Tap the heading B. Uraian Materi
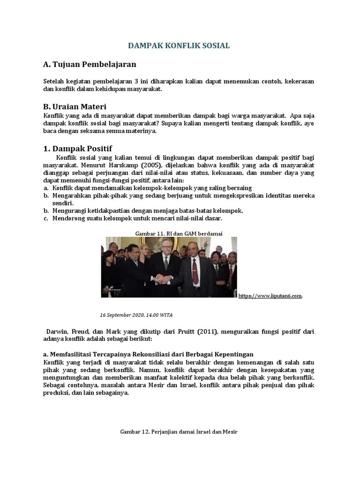click(75, 107)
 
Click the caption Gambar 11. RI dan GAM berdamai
click(179, 233)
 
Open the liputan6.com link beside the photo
click(270, 296)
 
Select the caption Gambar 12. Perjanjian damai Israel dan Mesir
click(180, 431)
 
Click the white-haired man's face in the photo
click(165, 248)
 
